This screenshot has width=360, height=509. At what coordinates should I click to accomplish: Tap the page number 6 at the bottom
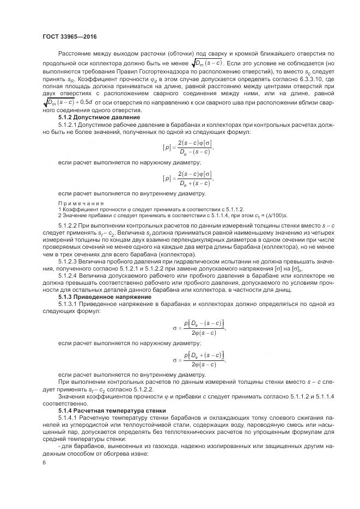pos(44,462)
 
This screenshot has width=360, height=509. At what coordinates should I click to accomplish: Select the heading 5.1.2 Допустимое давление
pos(92,117)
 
